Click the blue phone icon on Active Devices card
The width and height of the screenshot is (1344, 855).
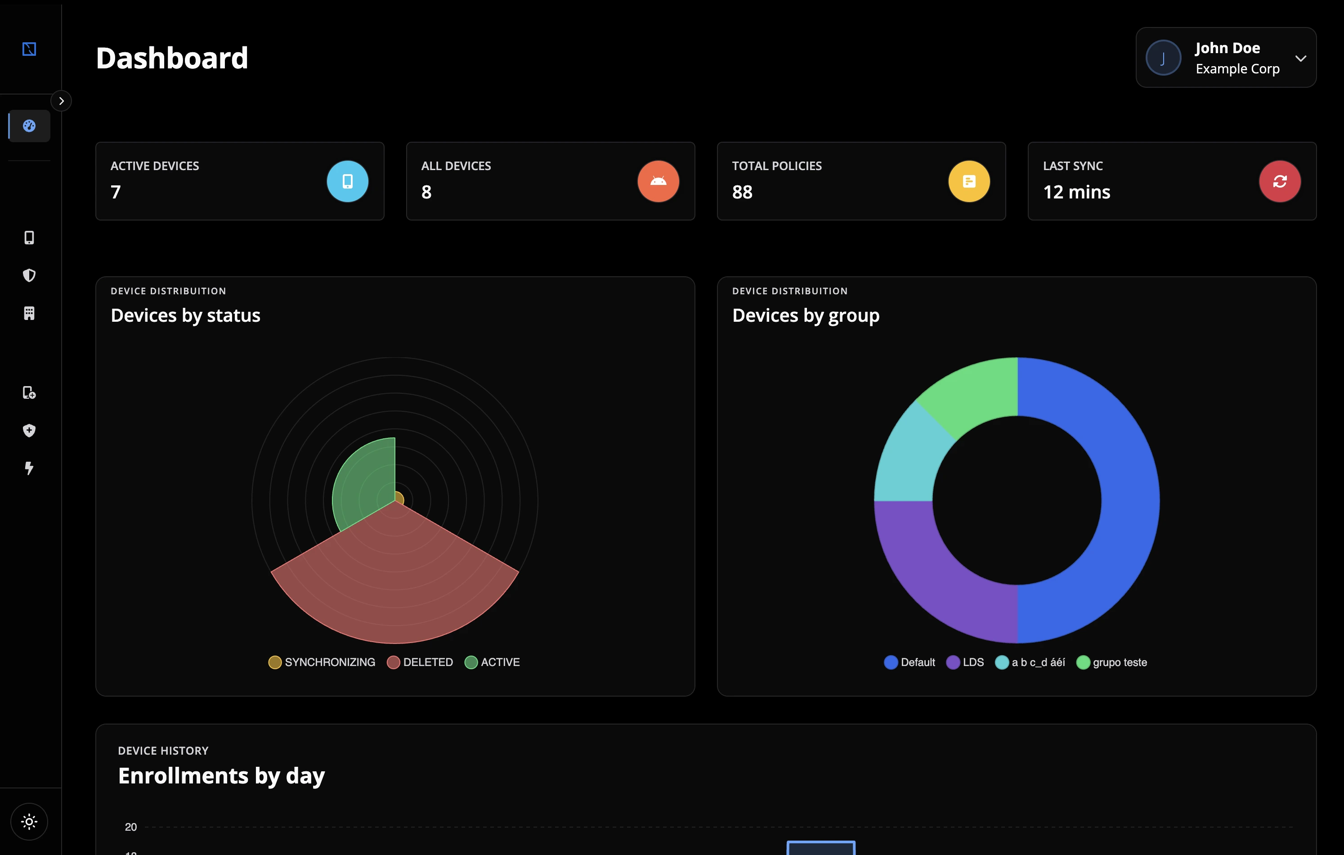click(x=347, y=181)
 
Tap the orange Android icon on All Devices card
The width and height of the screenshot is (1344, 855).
click(x=658, y=181)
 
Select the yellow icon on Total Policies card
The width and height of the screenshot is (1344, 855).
click(x=969, y=181)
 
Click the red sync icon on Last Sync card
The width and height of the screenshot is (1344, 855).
click(x=1280, y=181)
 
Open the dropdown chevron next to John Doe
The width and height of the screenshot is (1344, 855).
click(x=1300, y=58)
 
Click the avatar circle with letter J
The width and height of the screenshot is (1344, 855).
click(x=1163, y=58)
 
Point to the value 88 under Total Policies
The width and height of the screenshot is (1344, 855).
click(x=742, y=192)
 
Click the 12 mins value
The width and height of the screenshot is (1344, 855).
click(x=1077, y=192)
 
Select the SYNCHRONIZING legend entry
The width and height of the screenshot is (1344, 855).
click(x=322, y=662)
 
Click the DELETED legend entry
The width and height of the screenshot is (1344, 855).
click(x=420, y=662)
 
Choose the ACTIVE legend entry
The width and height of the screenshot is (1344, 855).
click(x=492, y=662)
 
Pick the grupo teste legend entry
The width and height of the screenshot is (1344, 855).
click(x=1111, y=662)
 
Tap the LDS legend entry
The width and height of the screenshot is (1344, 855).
click(x=965, y=662)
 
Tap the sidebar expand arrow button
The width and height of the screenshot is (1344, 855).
click(x=61, y=101)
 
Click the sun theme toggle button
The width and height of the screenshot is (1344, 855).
click(x=29, y=822)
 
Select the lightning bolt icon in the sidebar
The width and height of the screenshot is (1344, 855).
click(x=29, y=468)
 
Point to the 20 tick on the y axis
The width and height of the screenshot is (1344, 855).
click(x=130, y=827)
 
